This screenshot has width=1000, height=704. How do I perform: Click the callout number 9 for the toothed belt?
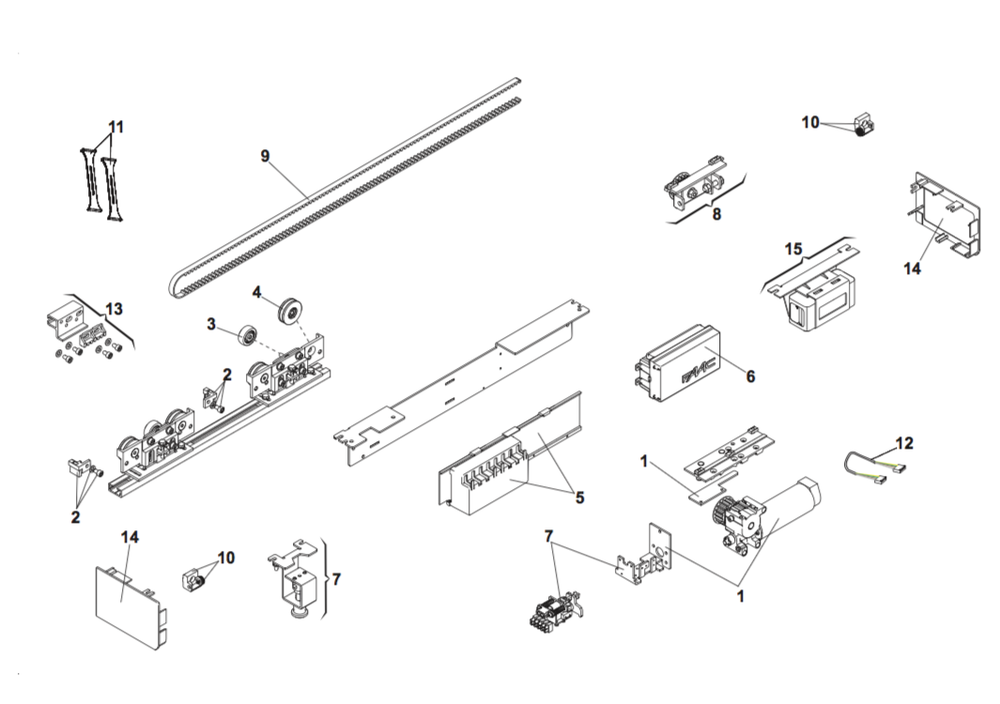[x=265, y=156]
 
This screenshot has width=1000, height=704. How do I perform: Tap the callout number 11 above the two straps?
[x=115, y=127]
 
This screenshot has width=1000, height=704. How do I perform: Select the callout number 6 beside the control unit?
[x=750, y=376]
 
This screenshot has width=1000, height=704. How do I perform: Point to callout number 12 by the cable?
[x=903, y=443]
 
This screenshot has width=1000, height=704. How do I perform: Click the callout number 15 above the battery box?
[x=793, y=249]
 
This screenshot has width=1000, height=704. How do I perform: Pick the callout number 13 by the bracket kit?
[x=114, y=308]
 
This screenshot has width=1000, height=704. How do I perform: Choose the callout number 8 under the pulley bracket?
[x=716, y=214]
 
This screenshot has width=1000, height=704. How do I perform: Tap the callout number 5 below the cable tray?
[x=579, y=497]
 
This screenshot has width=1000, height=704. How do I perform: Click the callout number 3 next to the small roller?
[x=211, y=324]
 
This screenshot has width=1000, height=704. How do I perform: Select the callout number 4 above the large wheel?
[x=256, y=291]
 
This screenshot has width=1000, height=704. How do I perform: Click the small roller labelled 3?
[x=250, y=333]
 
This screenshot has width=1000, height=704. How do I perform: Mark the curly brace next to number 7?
[x=326, y=578]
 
